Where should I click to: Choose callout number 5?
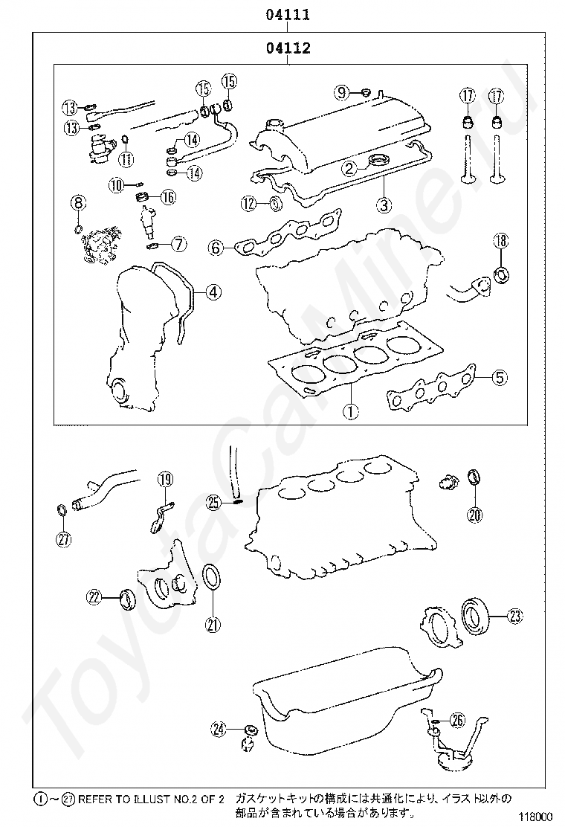pyautogui.click(x=500, y=378)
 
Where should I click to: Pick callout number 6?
pyautogui.click(x=216, y=247)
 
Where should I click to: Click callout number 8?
pyautogui.click(x=78, y=202)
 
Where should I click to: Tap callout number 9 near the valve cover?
pyautogui.click(x=341, y=92)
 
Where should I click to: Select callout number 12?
pyautogui.click(x=249, y=203)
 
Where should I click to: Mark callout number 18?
pyautogui.click(x=501, y=240)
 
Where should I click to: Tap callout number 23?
pyautogui.click(x=514, y=615)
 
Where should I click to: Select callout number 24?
pyautogui.click(x=219, y=730)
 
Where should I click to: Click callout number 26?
pyautogui.click(x=457, y=719)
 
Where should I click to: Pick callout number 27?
pyautogui.click(x=64, y=539)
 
